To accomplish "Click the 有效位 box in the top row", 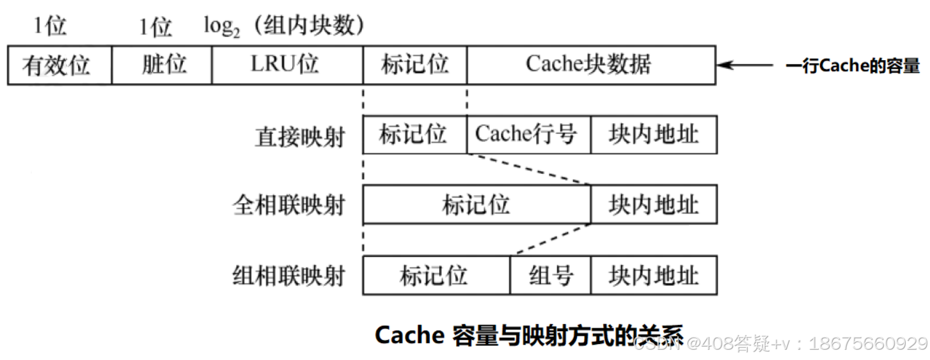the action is pos(59,65).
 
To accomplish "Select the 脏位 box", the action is pos(161,65).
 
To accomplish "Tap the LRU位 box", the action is pos(287,65).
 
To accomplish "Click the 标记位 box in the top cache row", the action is pos(414,65).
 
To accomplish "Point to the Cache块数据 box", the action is pos(590,65).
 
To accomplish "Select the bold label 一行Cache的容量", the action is pos(852,66).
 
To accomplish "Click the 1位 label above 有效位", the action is pos(51,26).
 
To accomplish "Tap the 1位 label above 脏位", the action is pos(155,27).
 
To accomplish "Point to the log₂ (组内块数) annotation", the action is pos(284,26).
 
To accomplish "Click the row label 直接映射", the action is pos(299,136).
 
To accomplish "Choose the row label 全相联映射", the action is pos(289,206).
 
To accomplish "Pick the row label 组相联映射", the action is pos(289,276).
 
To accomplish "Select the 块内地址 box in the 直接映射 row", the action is pos(653,135).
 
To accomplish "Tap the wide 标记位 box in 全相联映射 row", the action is pos(476,205).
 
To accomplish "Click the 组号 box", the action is pos(550,276).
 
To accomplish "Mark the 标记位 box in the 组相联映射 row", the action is pos(436,276).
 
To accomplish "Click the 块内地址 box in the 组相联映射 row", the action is pos(653,276).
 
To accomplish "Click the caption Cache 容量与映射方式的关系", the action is pos(528,335).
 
